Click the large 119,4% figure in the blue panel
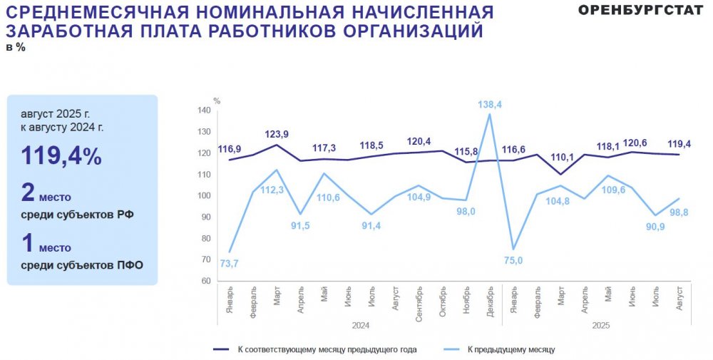point(61,156)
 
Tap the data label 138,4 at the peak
point(489,104)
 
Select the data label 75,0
point(513,261)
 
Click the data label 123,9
point(276,134)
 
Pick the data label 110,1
point(560,157)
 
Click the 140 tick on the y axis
point(204,110)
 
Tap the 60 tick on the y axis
point(206,281)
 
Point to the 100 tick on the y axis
point(204,196)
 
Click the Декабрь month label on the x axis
point(490,302)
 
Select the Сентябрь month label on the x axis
point(419,304)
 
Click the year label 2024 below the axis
point(360,324)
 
